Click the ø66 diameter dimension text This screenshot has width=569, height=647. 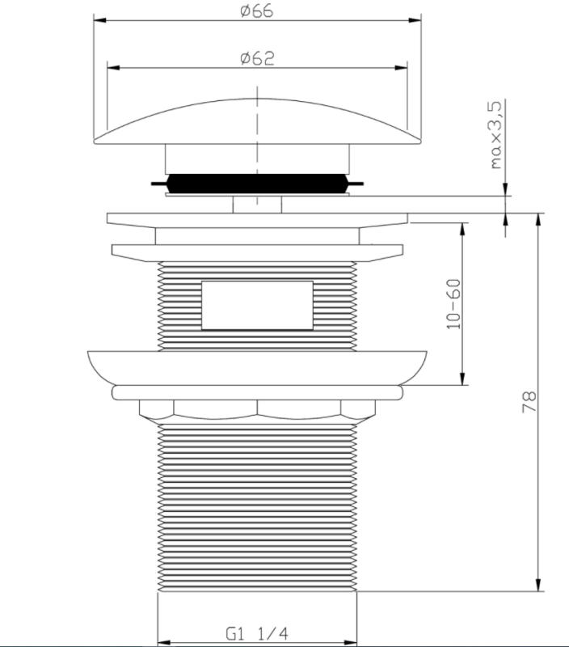click(x=257, y=11)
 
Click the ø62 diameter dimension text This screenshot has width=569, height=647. click(x=257, y=57)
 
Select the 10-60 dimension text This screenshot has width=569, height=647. click(x=453, y=304)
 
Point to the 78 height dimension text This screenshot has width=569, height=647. click(x=529, y=402)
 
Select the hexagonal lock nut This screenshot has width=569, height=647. click(x=257, y=410)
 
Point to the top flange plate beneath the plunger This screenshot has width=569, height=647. click(x=257, y=219)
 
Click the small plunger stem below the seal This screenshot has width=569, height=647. click(x=257, y=203)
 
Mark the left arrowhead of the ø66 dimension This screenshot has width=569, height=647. click(x=97, y=22)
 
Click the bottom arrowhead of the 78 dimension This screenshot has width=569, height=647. click(x=537, y=588)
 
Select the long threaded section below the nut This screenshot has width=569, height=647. click(x=257, y=510)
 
